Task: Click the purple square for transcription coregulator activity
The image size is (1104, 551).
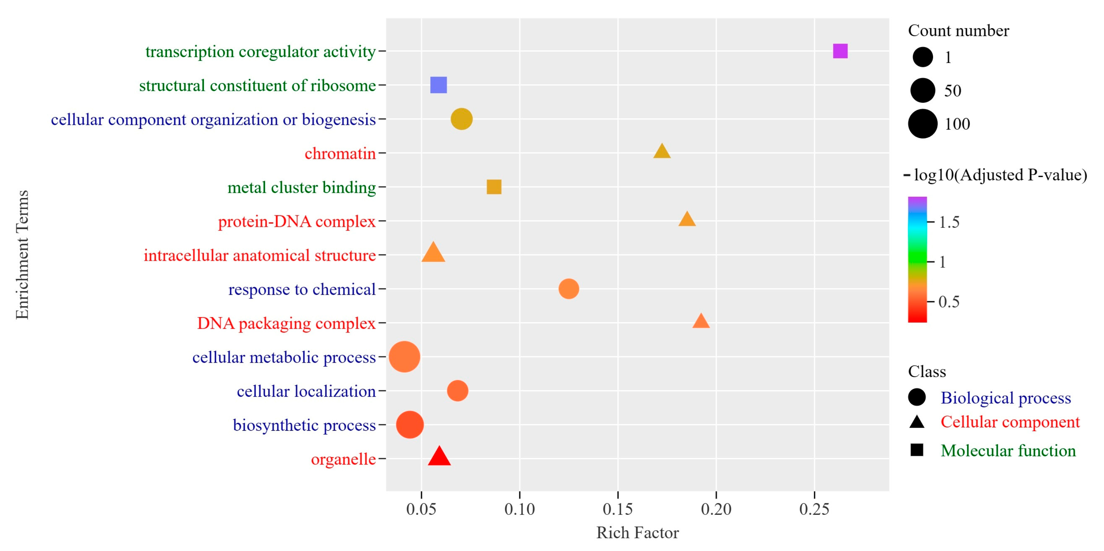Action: click(x=840, y=51)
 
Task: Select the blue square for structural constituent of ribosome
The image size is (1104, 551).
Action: click(x=438, y=85)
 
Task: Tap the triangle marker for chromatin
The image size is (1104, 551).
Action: click(x=662, y=152)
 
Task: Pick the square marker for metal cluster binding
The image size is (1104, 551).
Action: click(x=494, y=187)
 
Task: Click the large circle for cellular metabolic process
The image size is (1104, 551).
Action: click(x=404, y=357)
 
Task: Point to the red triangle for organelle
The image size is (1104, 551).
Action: click(x=439, y=457)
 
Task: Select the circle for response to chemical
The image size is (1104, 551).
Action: click(x=569, y=289)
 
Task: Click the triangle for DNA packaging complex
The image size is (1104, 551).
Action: click(x=701, y=321)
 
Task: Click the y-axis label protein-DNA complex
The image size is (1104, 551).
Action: click(x=297, y=221)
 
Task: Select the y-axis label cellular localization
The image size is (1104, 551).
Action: click(x=306, y=391)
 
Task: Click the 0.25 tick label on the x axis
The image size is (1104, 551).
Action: click(x=814, y=509)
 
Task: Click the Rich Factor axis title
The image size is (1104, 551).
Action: click(x=637, y=533)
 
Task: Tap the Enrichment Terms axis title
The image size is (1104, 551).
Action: click(x=22, y=255)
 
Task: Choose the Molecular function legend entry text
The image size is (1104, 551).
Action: click(x=1008, y=450)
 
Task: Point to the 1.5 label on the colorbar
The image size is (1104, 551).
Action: click(x=949, y=222)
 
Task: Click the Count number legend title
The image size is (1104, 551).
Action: click(x=958, y=31)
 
